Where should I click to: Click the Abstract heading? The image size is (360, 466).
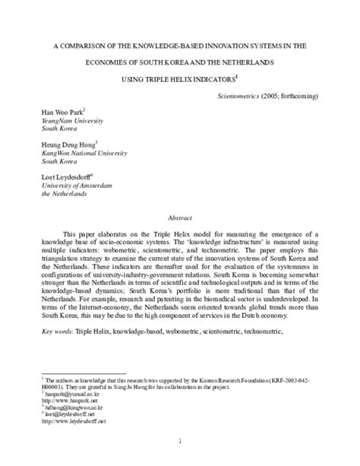180,215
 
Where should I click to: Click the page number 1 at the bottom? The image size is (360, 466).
180,440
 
